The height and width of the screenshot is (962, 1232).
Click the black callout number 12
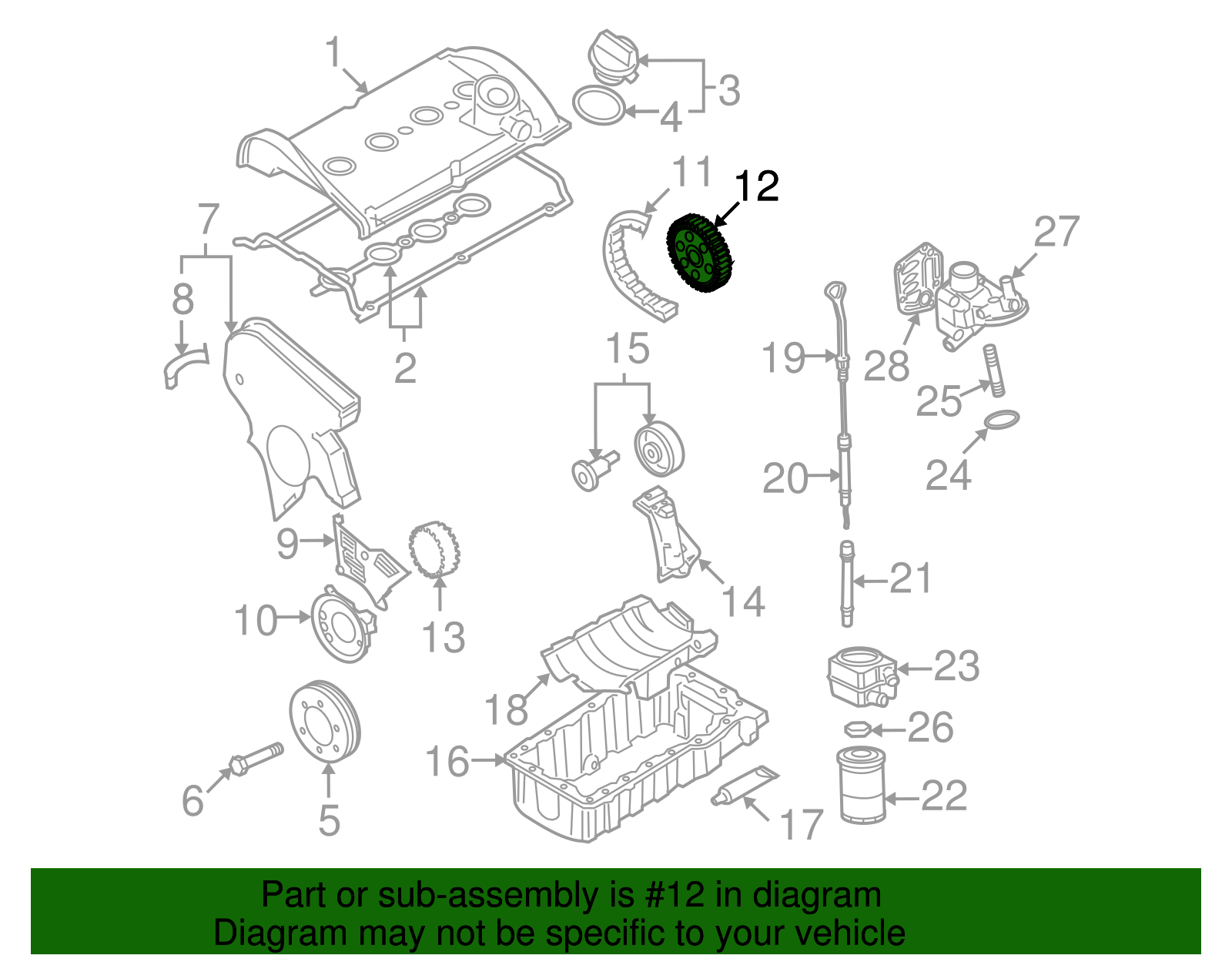756,187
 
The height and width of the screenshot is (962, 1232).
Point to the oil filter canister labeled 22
861,785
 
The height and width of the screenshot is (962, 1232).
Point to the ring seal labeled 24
1002,421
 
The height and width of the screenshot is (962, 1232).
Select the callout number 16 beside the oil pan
447,761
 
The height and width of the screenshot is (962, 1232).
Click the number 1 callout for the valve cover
333,53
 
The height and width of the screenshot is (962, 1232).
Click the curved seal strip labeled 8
185,365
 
